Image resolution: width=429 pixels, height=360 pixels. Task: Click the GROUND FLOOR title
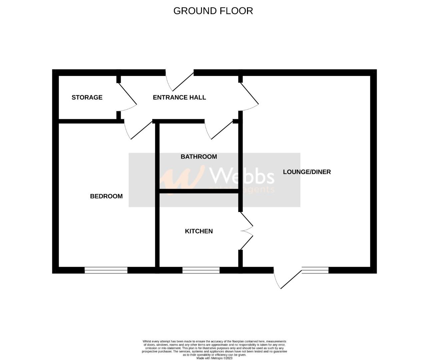click(213, 11)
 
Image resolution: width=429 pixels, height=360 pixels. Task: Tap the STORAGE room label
click(87, 97)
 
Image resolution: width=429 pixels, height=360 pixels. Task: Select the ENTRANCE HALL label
click(179, 97)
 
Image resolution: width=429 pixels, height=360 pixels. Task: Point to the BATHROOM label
click(199, 157)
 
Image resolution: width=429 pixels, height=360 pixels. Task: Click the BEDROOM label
click(106, 196)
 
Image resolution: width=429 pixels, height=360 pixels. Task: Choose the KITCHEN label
click(199, 231)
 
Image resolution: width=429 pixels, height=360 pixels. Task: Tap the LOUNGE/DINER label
click(307, 172)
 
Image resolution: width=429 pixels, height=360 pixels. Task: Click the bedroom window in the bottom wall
click(106, 270)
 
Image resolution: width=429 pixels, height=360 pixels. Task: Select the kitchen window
click(201, 270)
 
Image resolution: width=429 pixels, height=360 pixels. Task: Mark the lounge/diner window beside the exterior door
click(315, 270)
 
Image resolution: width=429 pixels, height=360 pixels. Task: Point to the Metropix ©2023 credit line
click(214, 358)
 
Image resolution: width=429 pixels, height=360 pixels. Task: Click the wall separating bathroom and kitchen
click(199, 191)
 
